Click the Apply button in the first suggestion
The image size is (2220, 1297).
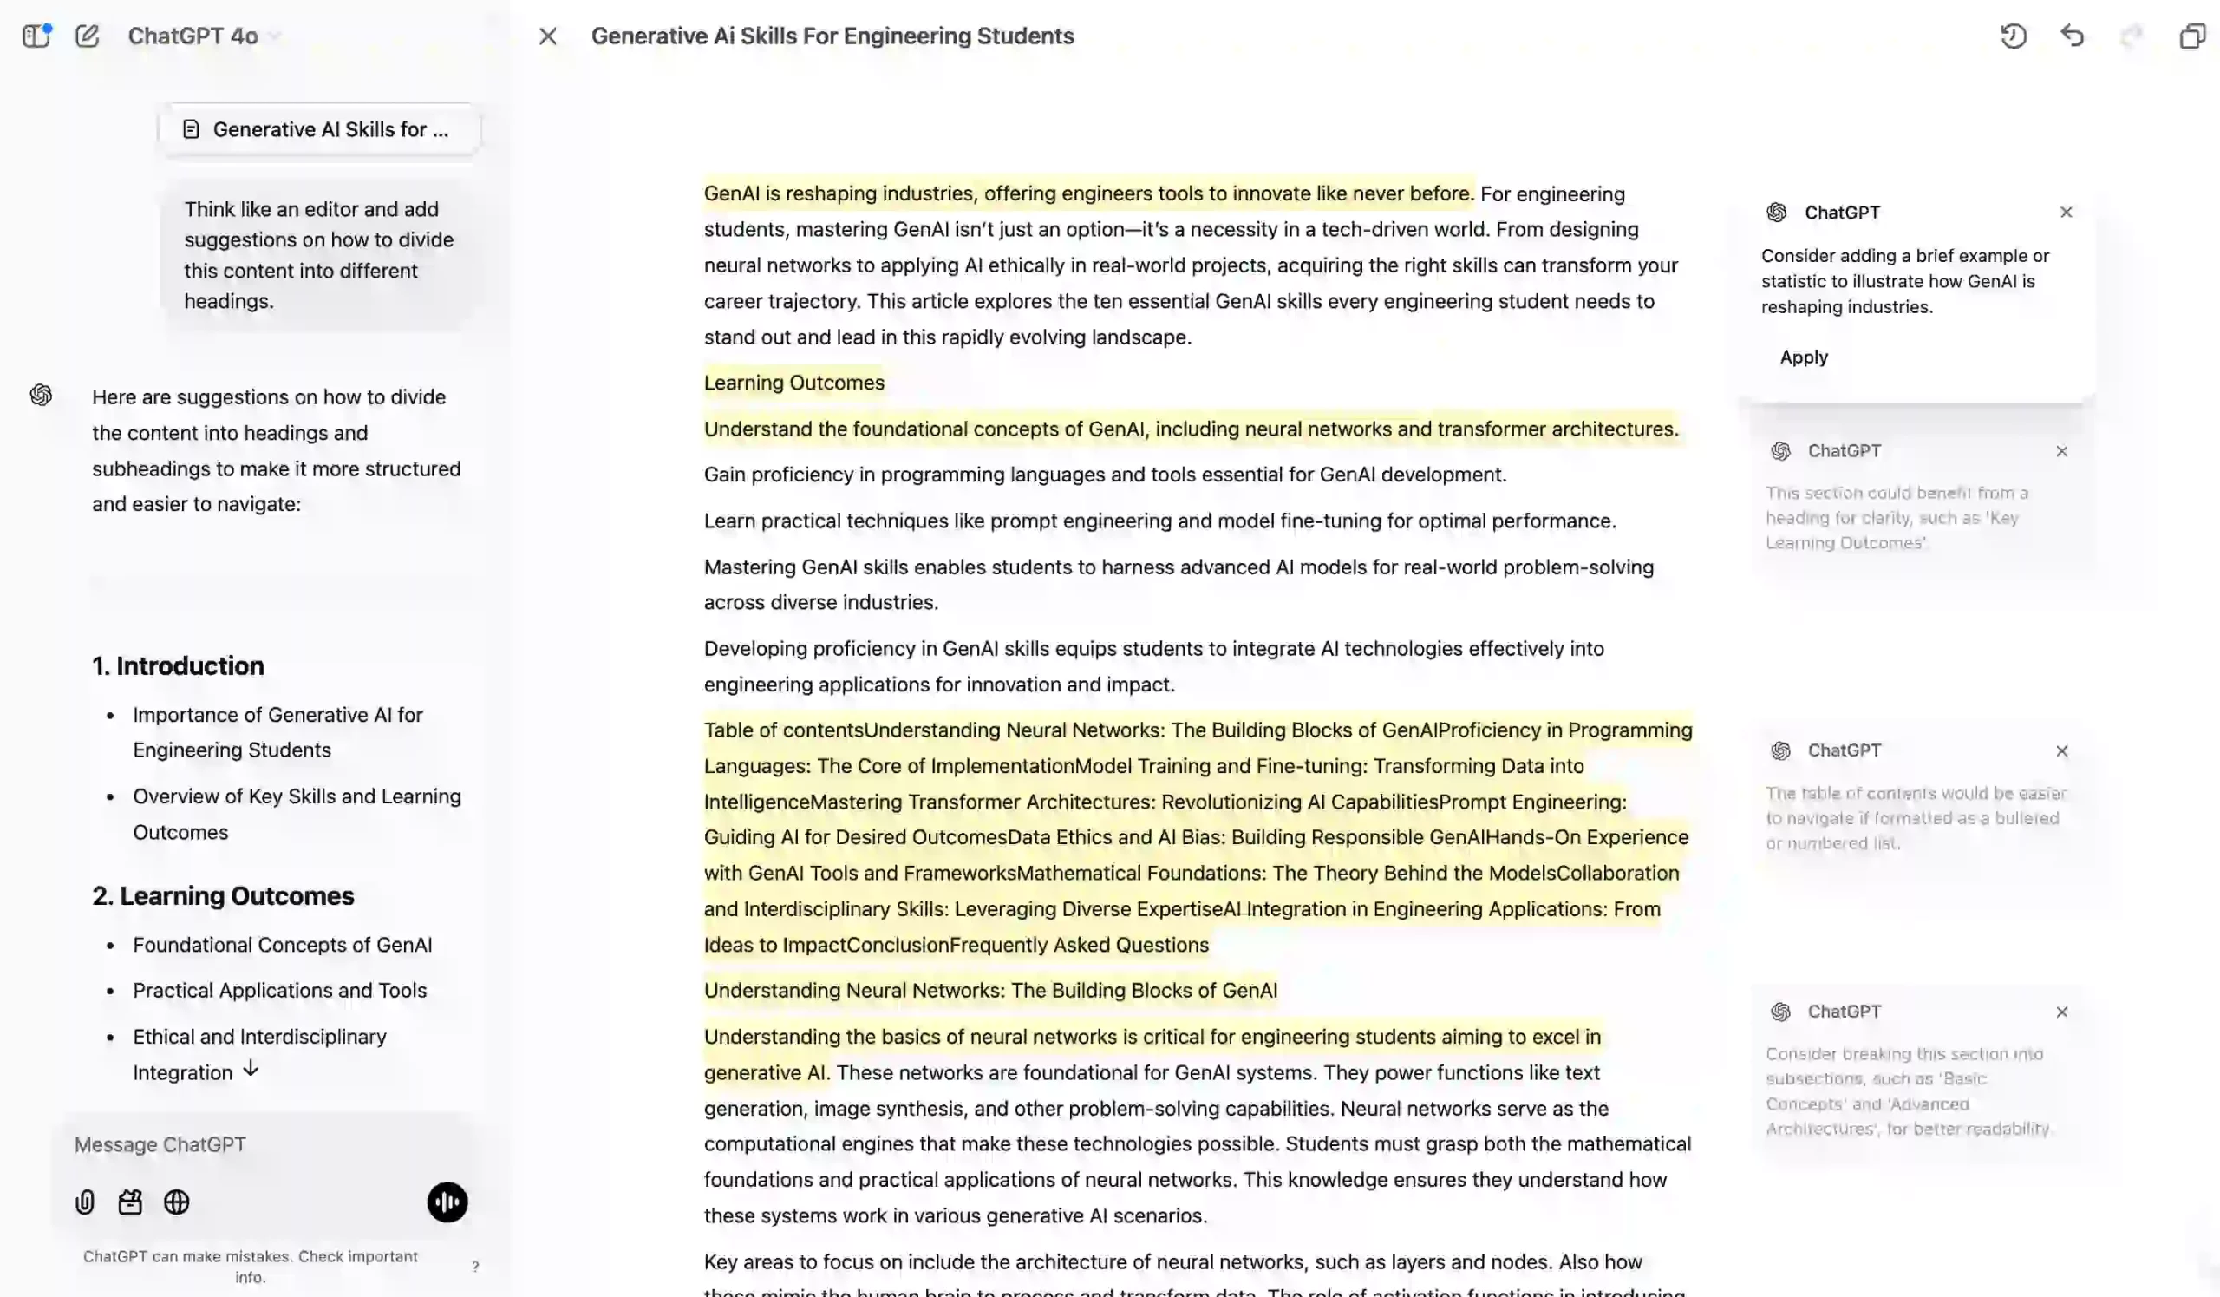point(1803,357)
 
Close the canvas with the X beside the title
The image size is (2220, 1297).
point(548,36)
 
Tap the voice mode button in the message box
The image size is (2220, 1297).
point(447,1202)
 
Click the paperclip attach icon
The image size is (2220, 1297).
point(85,1202)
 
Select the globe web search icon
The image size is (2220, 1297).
point(177,1202)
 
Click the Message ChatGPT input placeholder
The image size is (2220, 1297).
point(160,1144)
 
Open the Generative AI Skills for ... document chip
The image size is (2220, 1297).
point(319,129)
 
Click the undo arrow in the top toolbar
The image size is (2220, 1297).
point(2072,36)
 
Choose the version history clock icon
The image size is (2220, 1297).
point(2013,36)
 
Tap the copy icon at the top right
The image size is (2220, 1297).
point(2191,36)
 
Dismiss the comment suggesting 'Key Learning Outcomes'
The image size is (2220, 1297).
point(2061,451)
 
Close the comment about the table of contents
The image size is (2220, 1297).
point(2061,750)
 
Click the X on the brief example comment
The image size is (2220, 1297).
point(2066,213)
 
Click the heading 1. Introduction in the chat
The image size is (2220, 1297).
point(178,666)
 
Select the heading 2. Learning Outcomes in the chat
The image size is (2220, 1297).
point(223,896)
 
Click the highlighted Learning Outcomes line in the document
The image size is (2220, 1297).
point(793,383)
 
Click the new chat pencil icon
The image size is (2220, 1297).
point(88,36)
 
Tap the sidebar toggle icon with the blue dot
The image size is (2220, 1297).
point(36,36)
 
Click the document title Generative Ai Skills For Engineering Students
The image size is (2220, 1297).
point(832,36)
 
